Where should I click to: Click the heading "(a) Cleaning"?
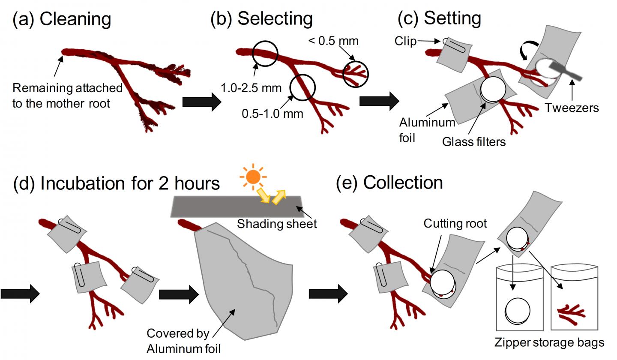(62, 19)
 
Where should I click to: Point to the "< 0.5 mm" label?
(333, 41)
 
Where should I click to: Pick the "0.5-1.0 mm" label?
(272, 114)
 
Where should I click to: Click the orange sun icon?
(253, 176)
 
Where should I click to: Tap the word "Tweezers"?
(572, 108)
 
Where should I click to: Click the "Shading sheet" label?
(277, 223)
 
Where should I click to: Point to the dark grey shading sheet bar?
(214, 207)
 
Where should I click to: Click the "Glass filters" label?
(474, 141)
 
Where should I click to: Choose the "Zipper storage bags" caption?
(549, 342)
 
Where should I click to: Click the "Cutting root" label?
(455, 223)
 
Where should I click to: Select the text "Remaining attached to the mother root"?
(67, 96)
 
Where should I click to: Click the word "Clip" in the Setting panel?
(405, 41)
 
